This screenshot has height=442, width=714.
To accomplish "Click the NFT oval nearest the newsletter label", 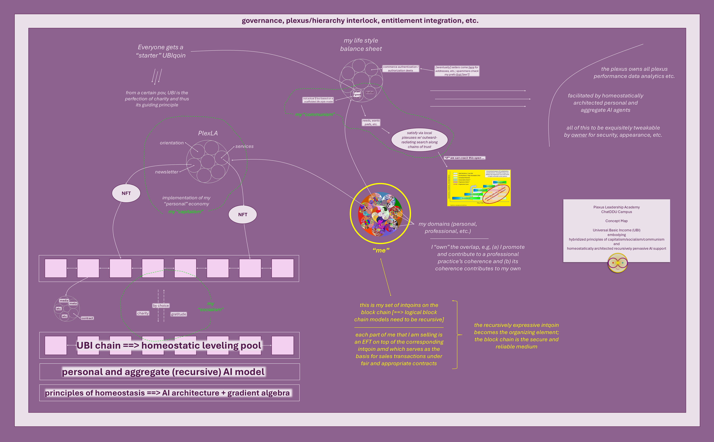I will pos(126,193).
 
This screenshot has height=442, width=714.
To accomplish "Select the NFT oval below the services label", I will pos(243,215).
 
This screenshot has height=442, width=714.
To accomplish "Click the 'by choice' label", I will pos(161,306).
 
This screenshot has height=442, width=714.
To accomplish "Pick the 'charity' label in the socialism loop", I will pos(143,313).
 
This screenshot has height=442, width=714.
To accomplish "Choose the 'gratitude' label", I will pos(178,314).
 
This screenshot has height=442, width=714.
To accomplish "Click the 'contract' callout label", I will pos(87,318).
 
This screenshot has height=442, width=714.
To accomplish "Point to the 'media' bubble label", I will pos(64,301).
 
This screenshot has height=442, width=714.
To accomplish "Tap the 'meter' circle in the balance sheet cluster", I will pos(370,92).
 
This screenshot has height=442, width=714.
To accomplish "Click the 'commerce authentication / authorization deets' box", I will pos(401,69).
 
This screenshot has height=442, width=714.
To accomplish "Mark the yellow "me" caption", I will pos(381,250).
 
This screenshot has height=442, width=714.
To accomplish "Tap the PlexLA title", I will pos(208,133).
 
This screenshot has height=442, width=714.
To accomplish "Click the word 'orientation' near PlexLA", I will pos(172,143).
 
